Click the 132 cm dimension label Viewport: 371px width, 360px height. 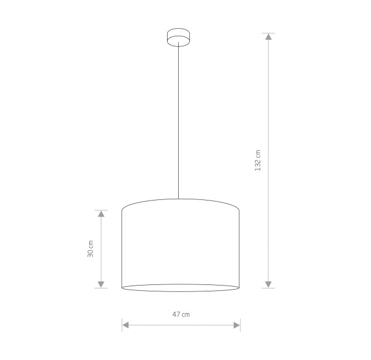[x=258, y=160]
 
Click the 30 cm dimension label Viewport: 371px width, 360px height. [x=90, y=249]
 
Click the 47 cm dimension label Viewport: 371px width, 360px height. [x=181, y=314]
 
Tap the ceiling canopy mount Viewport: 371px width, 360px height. [x=178, y=38]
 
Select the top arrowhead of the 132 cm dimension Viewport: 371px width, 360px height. [x=268, y=36]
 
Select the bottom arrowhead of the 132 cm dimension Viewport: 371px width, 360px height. [x=268, y=284]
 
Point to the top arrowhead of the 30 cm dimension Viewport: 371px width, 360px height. [x=101, y=214]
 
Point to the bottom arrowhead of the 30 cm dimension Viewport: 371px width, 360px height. [x=101, y=284]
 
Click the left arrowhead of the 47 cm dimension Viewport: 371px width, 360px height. [x=125, y=325]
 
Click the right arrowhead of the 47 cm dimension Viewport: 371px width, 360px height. [x=237, y=325]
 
